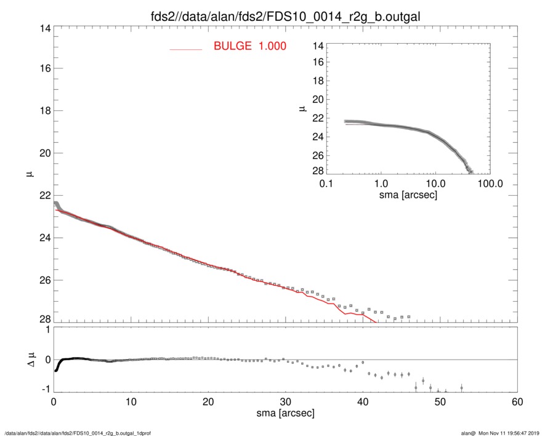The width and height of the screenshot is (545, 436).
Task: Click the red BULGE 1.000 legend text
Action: click(x=249, y=46)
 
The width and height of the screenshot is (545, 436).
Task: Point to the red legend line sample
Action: click(x=186, y=49)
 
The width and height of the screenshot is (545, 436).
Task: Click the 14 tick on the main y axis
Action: click(x=44, y=29)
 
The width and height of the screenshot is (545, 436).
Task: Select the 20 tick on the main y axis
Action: click(x=44, y=153)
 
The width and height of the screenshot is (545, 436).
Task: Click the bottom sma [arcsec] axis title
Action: click(x=286, y=413)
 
